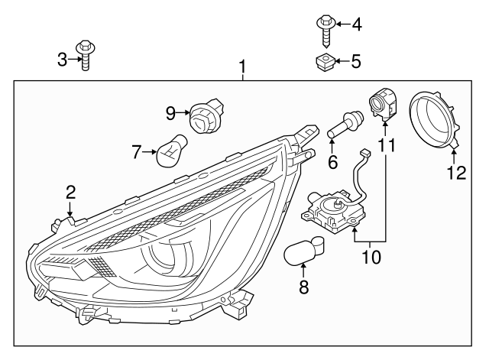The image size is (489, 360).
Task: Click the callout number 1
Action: tap(243, 69)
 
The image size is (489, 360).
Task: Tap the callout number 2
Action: tap(70, 192)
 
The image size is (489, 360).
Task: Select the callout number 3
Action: tap(63, 58)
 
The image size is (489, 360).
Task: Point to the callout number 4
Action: tap(356, 25)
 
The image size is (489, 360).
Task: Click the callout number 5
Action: tap(356, 61)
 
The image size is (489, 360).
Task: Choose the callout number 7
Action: tap(137, 152)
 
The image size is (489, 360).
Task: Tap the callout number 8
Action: tap(303, 288)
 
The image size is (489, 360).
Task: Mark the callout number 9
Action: tap(170, 114)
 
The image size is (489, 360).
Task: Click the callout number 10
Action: tap(371, 257)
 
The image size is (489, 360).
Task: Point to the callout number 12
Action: tap(456, 173)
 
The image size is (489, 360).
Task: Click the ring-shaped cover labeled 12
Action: tap(432, 122)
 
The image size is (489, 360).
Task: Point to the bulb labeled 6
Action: tap(344, 124)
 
